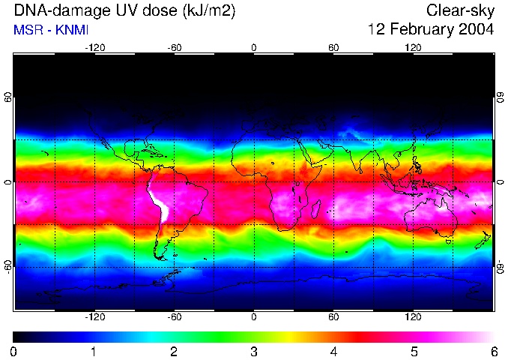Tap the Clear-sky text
[x=460, y=10]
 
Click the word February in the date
[x=414, y=30]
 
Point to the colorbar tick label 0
[x=14, y=351]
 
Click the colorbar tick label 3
[x=254, y=351]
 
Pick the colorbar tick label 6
[x=493, y=351]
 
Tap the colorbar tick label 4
[x=333, y=351]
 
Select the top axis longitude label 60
[x=333, y=47]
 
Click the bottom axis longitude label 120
[x=413, y=318]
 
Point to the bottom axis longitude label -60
[x=174, y=318]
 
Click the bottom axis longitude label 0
[x=254, y=318]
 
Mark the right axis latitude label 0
[x=500, y=182]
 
